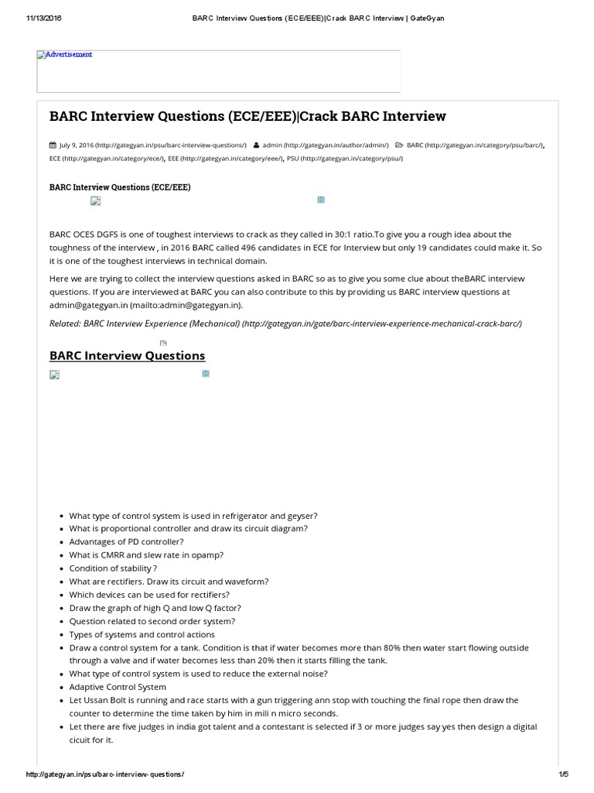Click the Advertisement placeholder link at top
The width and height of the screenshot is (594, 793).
coord(65,55)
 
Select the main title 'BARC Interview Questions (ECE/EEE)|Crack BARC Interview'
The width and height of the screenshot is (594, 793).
coord(247,116)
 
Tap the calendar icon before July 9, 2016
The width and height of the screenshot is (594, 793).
coord(53,145)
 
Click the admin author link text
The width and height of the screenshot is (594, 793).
coord(325,145)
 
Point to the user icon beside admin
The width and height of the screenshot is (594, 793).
coord(256,145)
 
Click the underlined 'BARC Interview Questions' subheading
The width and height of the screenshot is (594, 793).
coord(127,355)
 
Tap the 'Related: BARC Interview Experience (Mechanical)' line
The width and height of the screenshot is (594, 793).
coord(285,323)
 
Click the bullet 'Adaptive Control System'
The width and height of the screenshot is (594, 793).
coord(118,687)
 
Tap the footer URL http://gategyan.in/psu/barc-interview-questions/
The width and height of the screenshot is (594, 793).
coord(105,774)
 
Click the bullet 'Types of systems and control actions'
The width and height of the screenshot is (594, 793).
coord(142,634)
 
